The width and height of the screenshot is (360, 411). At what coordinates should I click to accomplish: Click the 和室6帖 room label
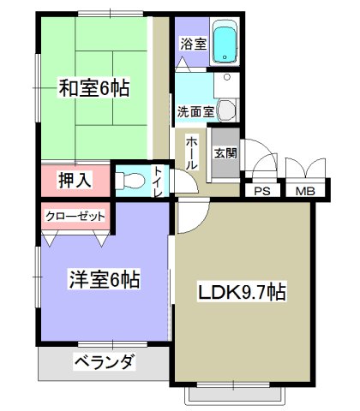tap(94, 87)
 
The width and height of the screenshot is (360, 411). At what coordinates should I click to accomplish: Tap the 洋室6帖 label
tap(105, 279)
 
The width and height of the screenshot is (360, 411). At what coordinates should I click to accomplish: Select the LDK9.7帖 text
tap(242, 292)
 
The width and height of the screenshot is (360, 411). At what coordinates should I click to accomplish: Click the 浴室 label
tap(194, 45)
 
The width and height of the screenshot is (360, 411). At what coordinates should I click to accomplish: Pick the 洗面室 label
tap(195, 111)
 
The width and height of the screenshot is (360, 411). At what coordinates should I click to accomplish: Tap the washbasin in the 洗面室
tap(227, 110)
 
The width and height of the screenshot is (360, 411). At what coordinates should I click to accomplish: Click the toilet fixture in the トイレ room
tap(130, 181)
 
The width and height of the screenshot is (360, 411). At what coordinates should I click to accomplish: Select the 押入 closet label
tap(75, 181)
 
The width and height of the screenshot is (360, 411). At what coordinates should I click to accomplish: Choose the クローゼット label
tap(75, 216)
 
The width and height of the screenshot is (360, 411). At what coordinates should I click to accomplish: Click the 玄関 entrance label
tap(225, 153)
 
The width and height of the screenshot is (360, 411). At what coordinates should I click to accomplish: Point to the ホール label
tap(191, 152)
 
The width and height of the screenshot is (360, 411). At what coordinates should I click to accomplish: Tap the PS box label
tap(262, 191)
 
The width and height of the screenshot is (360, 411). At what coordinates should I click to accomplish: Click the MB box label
tap(305, 191)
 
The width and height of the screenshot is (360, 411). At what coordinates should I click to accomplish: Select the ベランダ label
tap(105, 362)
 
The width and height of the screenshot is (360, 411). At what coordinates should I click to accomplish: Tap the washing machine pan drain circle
tap(227, 77)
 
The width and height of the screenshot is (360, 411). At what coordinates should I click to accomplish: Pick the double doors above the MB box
tap(305, 169)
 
